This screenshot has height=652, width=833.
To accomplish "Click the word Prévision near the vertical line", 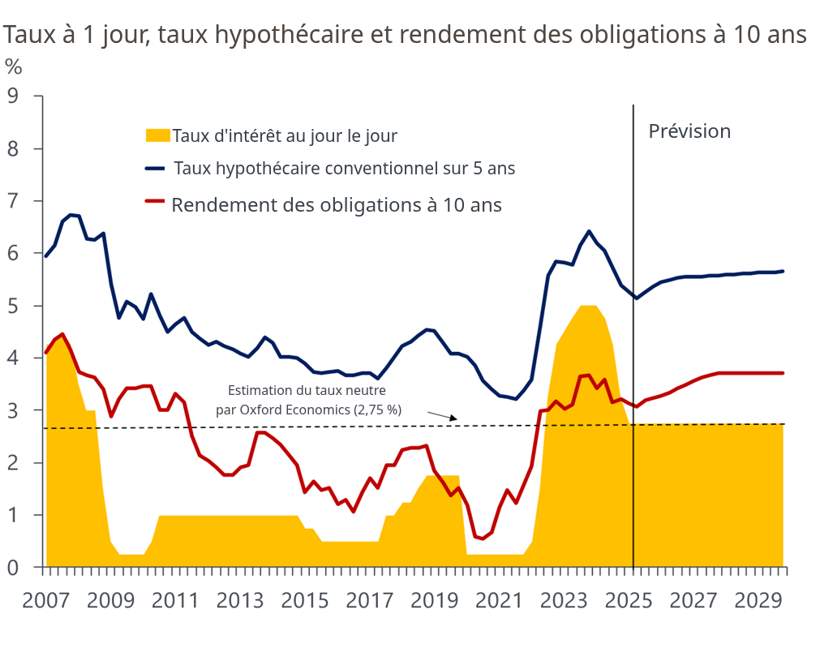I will (x=689, y=131).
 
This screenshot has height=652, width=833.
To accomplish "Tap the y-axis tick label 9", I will (x=12, y=97).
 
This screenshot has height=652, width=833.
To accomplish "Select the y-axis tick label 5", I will (x=12, y=306).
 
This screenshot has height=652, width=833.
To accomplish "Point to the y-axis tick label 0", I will (x=12, y=568).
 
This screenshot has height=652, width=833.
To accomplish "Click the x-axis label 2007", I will (x=45, y=601).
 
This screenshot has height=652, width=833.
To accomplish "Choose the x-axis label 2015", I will (x=304, y=601).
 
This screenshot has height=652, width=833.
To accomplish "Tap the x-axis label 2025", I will (x=629, y=601).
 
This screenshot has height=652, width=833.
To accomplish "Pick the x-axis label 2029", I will (x=758, y=601).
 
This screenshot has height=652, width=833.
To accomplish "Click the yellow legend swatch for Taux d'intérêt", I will (x=157, y=135).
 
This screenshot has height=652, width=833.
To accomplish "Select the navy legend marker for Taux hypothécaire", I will (x=155, y=169).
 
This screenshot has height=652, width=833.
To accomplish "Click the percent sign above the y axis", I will (x=13, y=66).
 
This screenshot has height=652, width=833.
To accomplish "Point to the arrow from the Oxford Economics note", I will (x=443, y=416).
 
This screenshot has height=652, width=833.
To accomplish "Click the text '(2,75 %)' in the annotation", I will (x=377, y=410).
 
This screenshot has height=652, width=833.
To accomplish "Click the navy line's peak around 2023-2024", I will (x=589, y=232).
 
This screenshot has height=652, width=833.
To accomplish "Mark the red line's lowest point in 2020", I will (x=483, y=538).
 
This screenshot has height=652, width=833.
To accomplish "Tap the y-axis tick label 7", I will (x=12, y=201).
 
